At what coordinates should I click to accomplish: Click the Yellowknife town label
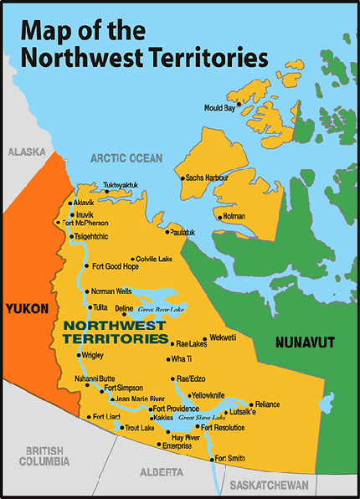(209, 394)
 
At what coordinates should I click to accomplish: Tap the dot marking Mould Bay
(239, 105)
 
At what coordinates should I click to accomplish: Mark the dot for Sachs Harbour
(181, 177)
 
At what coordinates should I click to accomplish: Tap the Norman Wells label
(112, 291)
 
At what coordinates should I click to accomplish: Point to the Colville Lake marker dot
(132, 260)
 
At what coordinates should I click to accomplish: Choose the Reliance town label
(268, 404)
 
